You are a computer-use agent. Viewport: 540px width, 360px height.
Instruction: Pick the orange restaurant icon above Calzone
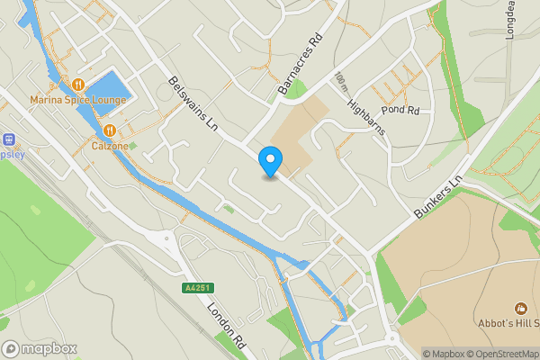point(108,130)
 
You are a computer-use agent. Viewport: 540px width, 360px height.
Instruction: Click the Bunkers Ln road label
point(438,194)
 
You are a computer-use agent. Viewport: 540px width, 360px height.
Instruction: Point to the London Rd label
point(227,324)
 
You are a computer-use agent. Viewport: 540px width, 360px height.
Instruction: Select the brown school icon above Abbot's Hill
point(519,310)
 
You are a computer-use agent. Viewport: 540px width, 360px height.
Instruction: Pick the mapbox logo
point(40,348)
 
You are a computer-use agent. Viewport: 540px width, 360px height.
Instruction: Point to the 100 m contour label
point(339,82)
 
